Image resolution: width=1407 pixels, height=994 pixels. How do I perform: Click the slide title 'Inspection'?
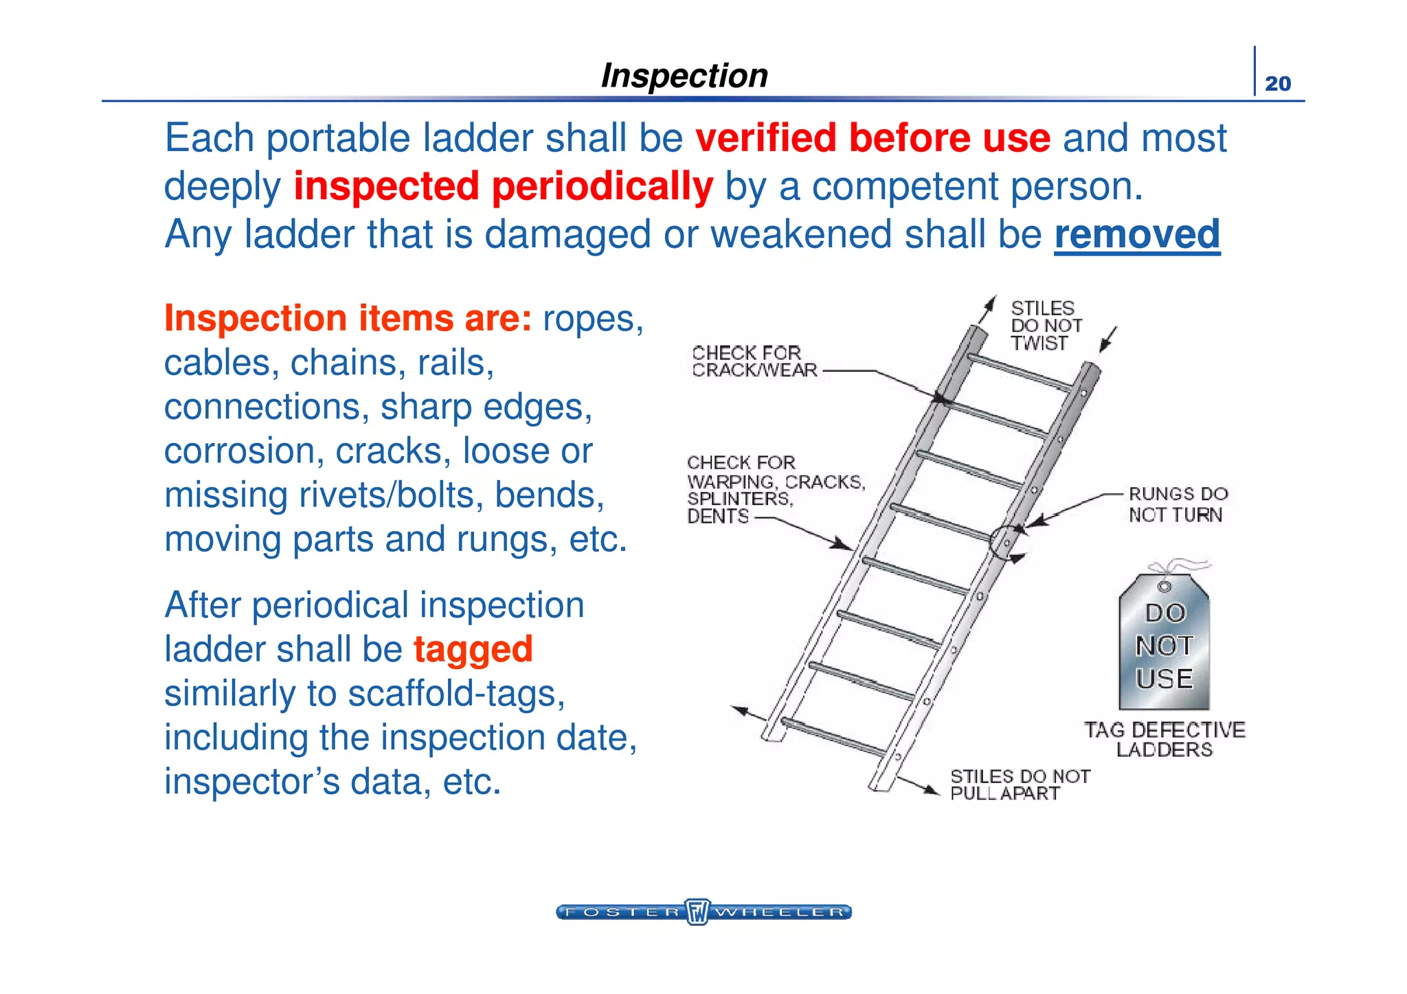click(x=684, y=76)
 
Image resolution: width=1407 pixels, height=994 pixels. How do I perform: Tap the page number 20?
click(x=1277, y=84)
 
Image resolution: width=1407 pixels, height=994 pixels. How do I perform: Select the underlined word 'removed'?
click(x=1137, y=235)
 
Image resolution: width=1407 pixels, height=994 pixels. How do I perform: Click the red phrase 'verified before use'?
click(x=873, y=138)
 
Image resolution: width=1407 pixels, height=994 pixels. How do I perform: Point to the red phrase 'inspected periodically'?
click(x=504, y=187)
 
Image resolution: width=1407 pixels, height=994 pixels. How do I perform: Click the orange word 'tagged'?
click(x=473, y=649)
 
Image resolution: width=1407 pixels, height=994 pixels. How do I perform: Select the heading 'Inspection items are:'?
click(x=348, y=319)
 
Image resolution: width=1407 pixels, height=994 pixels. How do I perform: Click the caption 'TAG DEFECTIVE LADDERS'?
click(x=1164, y=739)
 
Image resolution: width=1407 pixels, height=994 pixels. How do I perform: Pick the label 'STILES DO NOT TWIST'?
click(x=1045, y=326)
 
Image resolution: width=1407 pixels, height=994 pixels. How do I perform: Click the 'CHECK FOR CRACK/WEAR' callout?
click(x=754, y=361)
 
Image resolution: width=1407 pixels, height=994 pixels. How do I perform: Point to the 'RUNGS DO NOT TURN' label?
click(x=1178, y=504)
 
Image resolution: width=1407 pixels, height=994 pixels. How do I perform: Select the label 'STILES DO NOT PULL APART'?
click(x=1020, y=784)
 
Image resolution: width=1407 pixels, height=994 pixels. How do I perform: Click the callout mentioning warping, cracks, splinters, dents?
click(x=774, y=489)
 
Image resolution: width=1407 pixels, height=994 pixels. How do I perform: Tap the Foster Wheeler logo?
click(x=703, y=912)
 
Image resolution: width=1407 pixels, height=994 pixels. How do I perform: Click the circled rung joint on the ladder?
click(x=1005, y=543)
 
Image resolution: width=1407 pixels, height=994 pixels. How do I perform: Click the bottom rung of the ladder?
click(x=833, y=736)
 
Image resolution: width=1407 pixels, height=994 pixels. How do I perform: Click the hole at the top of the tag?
click(x=1164, y=587)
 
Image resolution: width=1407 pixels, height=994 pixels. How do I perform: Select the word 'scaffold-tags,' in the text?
click(x=456, y=693)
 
